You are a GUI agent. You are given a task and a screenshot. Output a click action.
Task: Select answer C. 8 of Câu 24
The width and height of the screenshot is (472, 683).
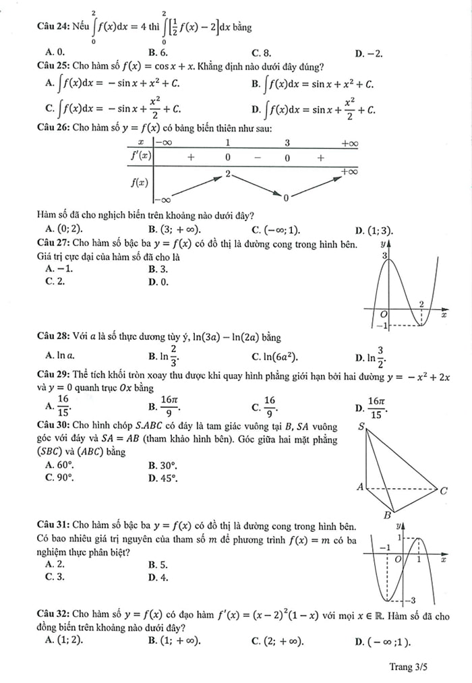click(x=262, y=53)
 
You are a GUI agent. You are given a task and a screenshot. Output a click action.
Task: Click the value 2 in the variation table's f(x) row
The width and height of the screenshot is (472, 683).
click(x=228, y=174)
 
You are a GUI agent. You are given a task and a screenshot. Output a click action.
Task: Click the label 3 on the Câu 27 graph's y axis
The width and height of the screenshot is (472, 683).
click(x=384, y=256)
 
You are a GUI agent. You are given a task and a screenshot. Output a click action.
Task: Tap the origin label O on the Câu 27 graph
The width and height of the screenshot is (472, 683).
click(x=384, y=314)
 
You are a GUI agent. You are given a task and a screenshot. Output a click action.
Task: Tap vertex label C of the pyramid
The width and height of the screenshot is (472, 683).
click(x=444, y=490)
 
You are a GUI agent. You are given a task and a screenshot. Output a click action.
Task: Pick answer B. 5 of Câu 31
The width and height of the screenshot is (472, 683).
click(x=158, y=564)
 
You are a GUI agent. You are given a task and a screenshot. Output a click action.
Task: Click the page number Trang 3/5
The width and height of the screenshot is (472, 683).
click(x=408, y=667)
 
